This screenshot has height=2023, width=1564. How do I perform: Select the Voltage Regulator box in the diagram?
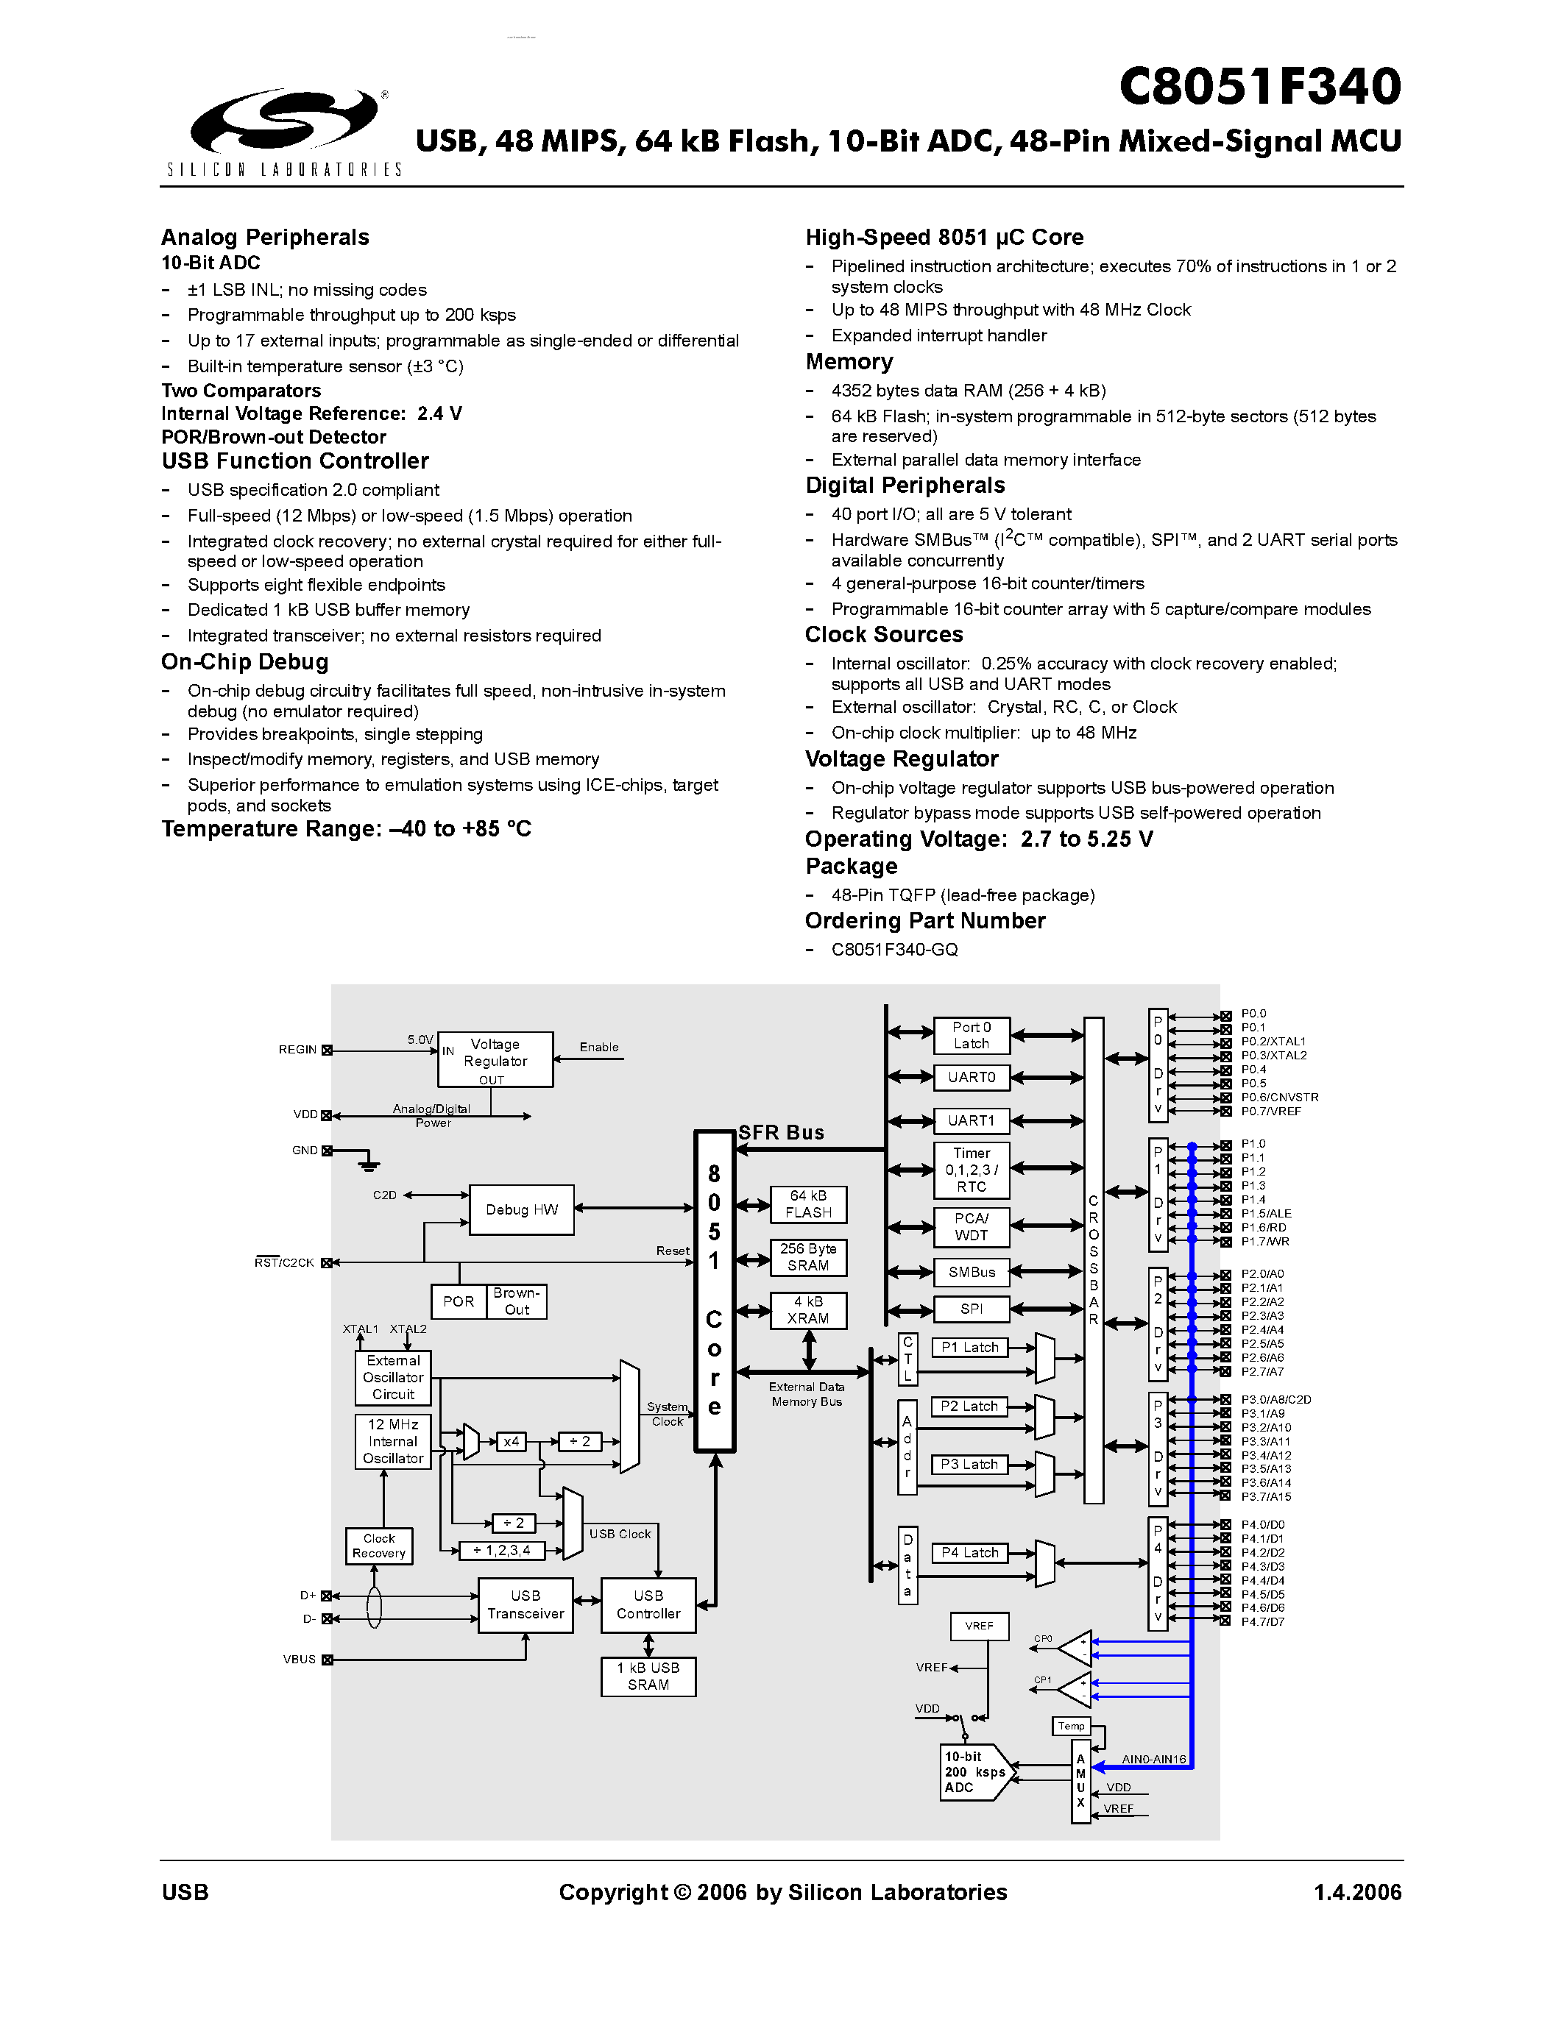495,1059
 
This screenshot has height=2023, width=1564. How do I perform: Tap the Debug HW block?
522,1209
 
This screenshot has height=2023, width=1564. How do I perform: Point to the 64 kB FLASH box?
808,1204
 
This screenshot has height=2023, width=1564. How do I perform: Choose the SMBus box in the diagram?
971,1272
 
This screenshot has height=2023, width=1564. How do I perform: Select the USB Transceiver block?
526,1604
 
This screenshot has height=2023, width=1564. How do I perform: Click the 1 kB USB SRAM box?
648,1676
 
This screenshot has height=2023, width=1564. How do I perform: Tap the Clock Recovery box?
379,1545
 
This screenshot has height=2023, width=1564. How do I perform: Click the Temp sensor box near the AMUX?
1071,1726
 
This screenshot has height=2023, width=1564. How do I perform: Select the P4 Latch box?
969,1552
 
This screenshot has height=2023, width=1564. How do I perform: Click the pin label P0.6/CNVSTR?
1280,1097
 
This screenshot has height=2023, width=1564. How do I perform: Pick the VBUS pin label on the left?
300,1660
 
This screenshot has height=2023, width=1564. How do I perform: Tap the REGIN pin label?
297,1050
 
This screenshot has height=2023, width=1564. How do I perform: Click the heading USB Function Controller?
294,461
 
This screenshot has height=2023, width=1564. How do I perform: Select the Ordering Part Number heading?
924,921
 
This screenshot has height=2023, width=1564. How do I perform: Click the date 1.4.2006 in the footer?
1357,1892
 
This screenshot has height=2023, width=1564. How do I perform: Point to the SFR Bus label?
780,1132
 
